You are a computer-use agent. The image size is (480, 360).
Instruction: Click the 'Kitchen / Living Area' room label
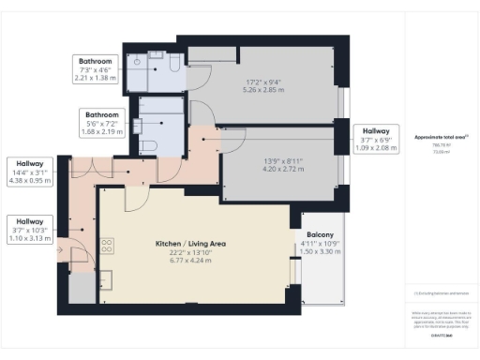pos(191,244)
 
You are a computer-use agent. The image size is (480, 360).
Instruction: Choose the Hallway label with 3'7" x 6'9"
pos(376,132)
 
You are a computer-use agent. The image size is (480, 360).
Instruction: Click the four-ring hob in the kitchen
pos(107,247)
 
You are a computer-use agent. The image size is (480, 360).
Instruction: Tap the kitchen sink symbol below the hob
pos(106,277)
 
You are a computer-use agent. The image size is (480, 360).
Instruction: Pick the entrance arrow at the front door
pos(61,249)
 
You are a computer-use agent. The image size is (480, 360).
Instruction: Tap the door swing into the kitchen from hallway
pos(135,198)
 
